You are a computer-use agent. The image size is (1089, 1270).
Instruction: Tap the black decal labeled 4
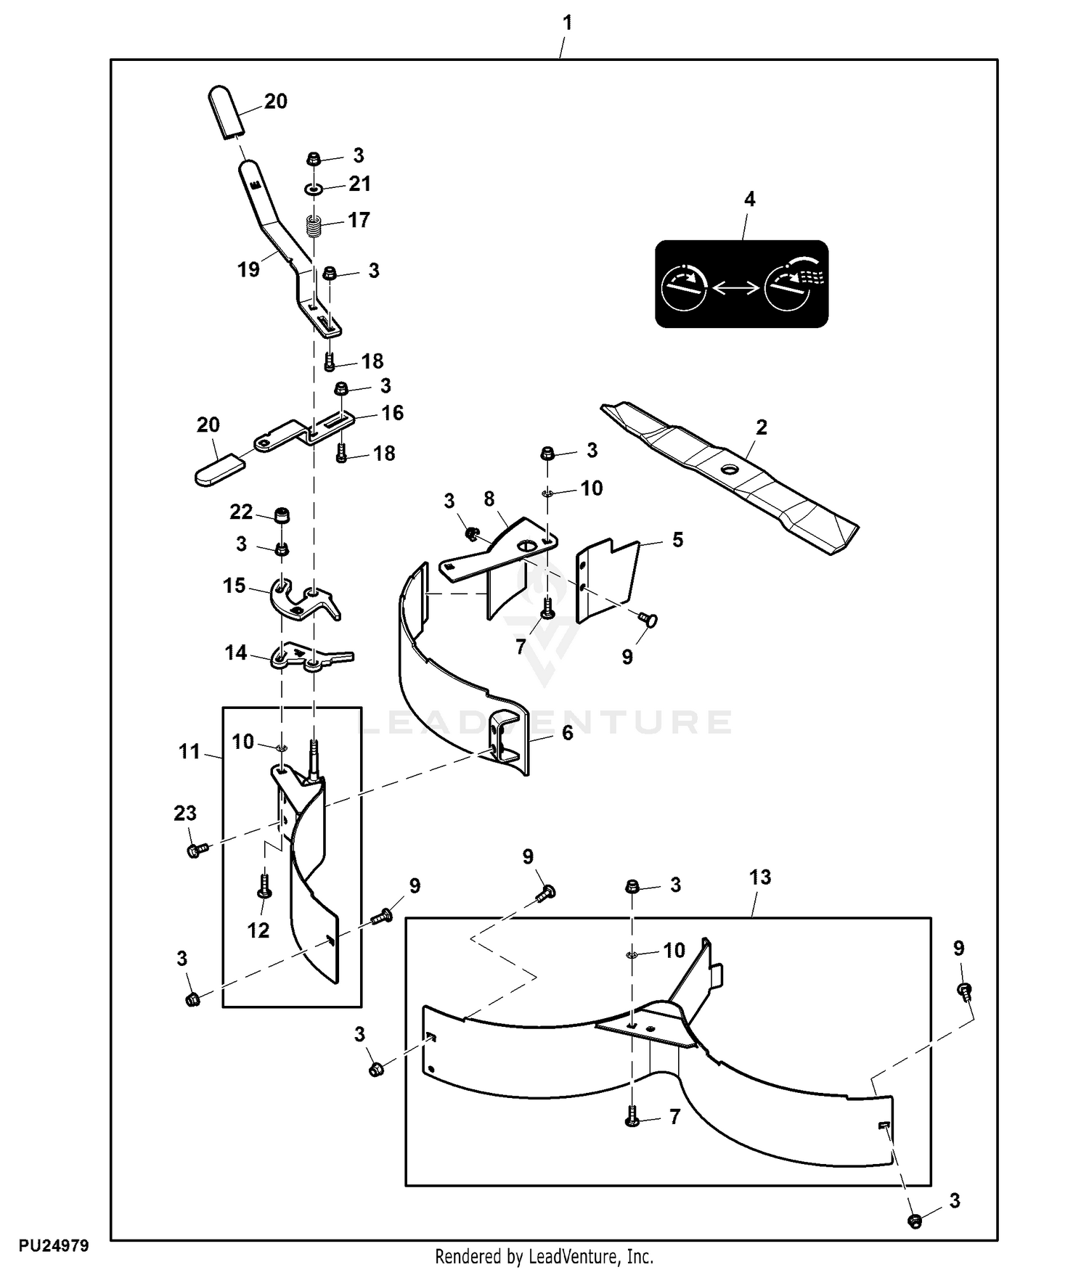pyautogui.click(x=741, y=284)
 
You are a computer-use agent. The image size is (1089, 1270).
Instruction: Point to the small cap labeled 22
pyautogui.click(x=281, y=517)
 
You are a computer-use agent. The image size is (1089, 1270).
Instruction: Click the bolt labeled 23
pyautogui.click(x=197, y=849)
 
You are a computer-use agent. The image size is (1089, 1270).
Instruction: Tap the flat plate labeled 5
pyautogui.click(x=607, y=581)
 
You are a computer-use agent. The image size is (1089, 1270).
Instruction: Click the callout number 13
pyautogui.click(x=759, y=877)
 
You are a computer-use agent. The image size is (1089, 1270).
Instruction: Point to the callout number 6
pyautogui.click(x=568, y=733)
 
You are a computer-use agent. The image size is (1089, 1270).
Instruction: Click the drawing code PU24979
pyautogui.click(x=54, y=1246)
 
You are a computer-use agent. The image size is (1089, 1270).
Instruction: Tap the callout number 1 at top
pyautogui.click(x=568, y=22)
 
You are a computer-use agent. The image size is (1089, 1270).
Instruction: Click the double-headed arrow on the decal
pyautogui.click(x=735, y=288)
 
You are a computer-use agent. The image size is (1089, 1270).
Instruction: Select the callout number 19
pyautogui.click(x=248, y=270)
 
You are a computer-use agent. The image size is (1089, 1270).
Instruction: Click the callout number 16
pyautogui.click(x=393, y=413)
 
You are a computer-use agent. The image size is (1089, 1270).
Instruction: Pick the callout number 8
pyautogui.click(x=489, y=499)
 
